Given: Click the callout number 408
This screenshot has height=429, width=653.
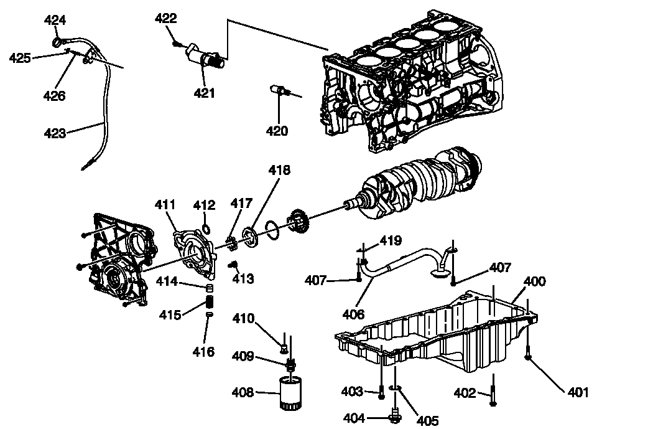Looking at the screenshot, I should click(x=243, y=393).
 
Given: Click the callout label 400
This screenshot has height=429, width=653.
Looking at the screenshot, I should click(x=534, y=281).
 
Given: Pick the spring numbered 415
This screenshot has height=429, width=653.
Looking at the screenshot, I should click(x=210, y=305).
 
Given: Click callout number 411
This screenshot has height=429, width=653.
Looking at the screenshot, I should click(x=165, y=205).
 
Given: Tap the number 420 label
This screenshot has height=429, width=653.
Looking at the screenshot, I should click(x=277, y=131).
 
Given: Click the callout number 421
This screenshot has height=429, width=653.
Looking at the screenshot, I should click(x=204, y=93).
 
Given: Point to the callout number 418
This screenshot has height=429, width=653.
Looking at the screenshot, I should click(x=279, y=170).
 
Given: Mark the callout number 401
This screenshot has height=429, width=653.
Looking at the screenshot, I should click(x=578, y=392).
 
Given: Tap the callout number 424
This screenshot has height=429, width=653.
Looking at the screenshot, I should click(x=55, y=21).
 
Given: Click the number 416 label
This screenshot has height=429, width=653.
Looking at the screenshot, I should click(x=203, y=352).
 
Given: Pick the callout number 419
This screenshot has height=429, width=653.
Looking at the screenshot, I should click(x=391, y=240).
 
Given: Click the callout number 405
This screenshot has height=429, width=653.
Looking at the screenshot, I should click(x=427, y=422).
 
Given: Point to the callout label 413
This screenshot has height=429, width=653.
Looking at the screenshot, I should click(x=243, y=279).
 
